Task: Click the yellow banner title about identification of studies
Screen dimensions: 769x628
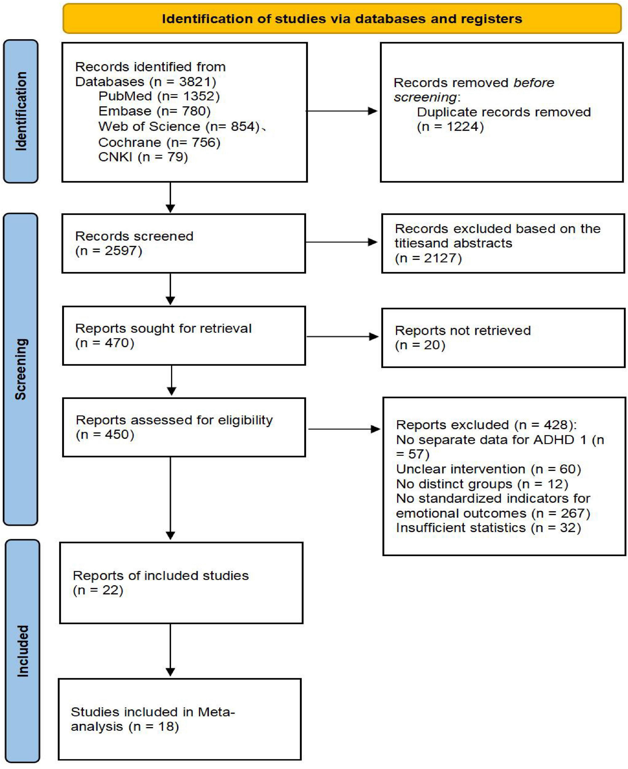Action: [x=342, y=19]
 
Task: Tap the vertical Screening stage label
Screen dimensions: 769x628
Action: [x=21, y=369]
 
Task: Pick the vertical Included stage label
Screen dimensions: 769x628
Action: [x=22, y=651]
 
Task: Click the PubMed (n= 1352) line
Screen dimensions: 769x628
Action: [x=159, y=96]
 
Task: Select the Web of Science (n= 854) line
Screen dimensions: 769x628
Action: [x=179, y=127]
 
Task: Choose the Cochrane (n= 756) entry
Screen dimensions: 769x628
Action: [x=159, y=143]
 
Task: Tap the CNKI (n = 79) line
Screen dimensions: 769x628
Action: [x=143, y=157]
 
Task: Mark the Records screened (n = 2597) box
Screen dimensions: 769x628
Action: [x=183, y=243]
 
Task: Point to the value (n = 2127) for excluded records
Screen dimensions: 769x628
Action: [x=428, y=258]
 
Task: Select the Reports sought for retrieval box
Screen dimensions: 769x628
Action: [x=184, y=335]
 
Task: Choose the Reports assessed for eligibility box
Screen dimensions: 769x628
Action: [x=184, y=427]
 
